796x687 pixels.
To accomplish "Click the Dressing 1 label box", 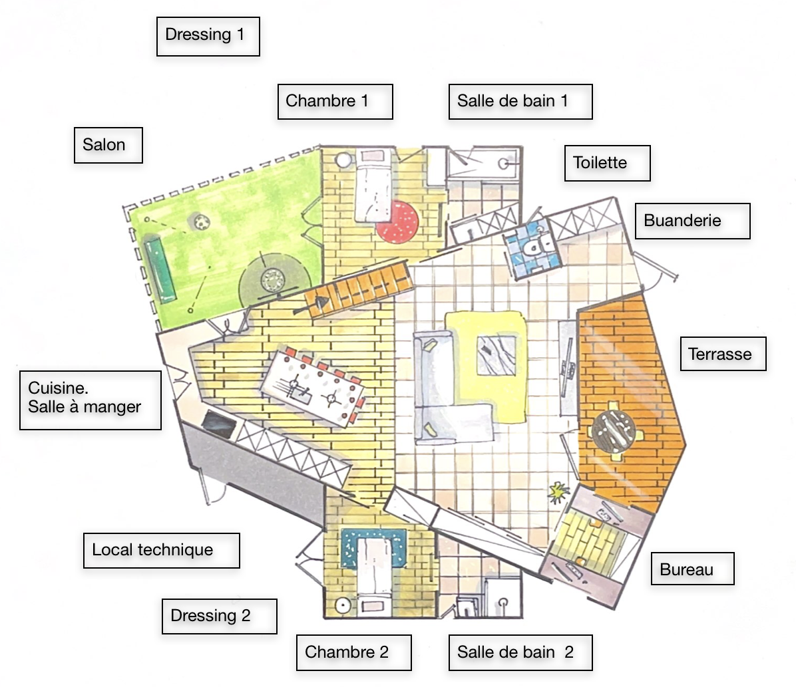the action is coord(207,36).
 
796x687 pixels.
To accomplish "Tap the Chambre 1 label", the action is coord(334,102).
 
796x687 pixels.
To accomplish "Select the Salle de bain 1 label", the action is coord(520,102).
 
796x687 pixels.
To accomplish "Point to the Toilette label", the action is coord(606,163).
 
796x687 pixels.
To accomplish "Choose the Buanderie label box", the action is coord(692,221).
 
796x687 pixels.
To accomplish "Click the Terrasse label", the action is coord(723,354).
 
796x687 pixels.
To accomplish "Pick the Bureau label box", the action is coord(692,569).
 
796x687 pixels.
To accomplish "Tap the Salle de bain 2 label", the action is coord(520,652).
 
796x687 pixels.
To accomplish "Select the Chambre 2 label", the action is coord(353,652).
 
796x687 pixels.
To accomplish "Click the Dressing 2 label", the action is coord(219,616).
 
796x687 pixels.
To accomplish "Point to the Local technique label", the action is coord(160,550).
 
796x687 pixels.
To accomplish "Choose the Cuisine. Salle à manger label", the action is coord(90,399).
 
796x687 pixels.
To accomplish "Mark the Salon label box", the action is coord(108,145).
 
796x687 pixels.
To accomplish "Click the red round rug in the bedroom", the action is coord(397,220).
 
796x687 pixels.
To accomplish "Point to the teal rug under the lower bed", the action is coord(373,547).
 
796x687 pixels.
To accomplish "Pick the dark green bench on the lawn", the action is coord(160,268).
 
